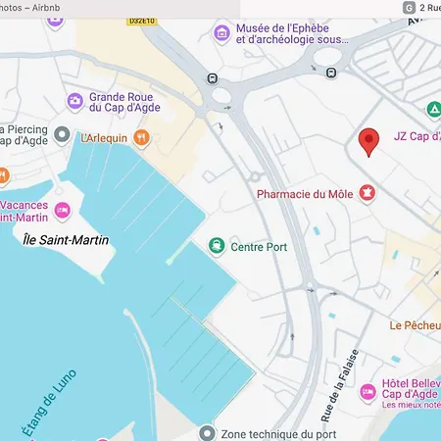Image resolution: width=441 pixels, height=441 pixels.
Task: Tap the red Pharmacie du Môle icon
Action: coord(368,193)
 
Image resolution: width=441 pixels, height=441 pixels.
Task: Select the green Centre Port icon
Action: coord(216,246)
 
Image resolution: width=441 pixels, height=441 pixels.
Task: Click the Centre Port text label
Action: coord(258,247)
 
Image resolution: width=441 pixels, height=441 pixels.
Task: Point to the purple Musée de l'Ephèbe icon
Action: coord(222,33)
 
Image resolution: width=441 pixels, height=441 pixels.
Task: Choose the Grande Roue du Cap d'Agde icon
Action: coord(74,101)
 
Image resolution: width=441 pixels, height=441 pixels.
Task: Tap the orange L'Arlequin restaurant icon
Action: coord(143,139)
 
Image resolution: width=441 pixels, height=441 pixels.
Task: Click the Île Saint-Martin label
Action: coord(66,240)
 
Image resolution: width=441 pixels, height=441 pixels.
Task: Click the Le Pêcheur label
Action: coord(414,325)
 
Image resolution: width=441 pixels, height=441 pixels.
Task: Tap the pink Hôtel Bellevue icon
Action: coord(367,392)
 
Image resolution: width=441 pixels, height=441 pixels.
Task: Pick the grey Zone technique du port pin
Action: coord(206,432)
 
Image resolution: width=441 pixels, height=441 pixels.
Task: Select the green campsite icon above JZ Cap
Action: coord(432,110)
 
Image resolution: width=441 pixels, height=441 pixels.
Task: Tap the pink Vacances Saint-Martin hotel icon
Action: coord(63,209)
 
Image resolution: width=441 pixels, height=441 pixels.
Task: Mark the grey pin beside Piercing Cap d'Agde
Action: coord(62,134)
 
